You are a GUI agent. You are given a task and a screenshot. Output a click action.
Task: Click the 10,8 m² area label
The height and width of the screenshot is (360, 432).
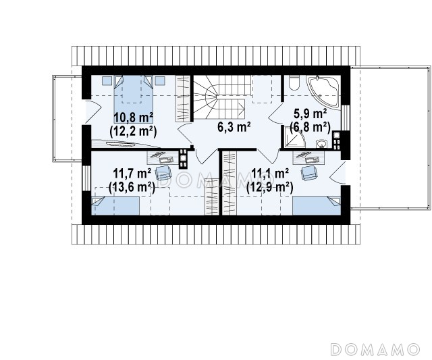pyautogui.click(x=134, y=118)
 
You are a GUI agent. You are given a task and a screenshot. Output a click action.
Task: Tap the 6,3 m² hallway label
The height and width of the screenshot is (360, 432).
pyautogui.click(x=234, y=127)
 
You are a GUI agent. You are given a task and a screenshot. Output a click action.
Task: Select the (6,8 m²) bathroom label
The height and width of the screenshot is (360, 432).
pyautogui.click(x=310, y=128)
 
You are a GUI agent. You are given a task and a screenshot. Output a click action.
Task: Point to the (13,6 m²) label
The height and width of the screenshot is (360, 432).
pyautogui.click(x=132, y=187)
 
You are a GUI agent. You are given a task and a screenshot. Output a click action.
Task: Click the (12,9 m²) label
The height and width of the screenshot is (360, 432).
pyautogui.click(x=269, y=187)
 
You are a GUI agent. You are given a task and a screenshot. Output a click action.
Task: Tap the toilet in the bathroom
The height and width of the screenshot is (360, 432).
pyautogui.click(x=294, y=82)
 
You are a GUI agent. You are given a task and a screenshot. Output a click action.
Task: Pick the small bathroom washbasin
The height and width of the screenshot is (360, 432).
pyautogui.click(x=321, y=143)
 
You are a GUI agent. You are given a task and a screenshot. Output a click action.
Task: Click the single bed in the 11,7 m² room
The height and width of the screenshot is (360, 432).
pyautogui.click(x=115, y=205)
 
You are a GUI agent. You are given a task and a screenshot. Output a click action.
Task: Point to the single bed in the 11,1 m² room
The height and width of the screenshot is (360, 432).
pyautogui.click(x=317, y=205)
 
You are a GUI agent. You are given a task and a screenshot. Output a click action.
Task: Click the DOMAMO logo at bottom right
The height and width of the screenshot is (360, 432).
pyautogui.click(x=375, y=349)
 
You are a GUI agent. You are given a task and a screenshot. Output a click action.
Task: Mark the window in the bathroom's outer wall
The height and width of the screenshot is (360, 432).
pyautogui.click(x=345, y=118)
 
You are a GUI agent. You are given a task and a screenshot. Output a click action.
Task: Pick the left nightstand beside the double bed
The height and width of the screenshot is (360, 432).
pyautogui.click(x=107, y=80)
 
